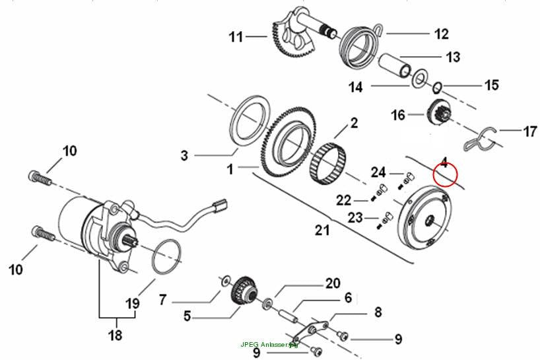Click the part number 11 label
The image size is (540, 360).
point(236,37)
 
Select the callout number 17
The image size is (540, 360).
point(530,131)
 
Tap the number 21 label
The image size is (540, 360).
point(322,230)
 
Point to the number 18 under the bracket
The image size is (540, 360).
point(115,334)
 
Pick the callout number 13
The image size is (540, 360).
point(454,57)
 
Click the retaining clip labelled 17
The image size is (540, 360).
point(480,139)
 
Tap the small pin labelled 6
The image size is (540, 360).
point(288,316)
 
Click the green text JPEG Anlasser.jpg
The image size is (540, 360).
point(269,345)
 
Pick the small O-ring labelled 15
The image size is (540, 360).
point(436,87)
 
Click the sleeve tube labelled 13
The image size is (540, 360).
point(395,65)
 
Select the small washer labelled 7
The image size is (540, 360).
point(225,281)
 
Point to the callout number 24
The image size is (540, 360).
point(378,172)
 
